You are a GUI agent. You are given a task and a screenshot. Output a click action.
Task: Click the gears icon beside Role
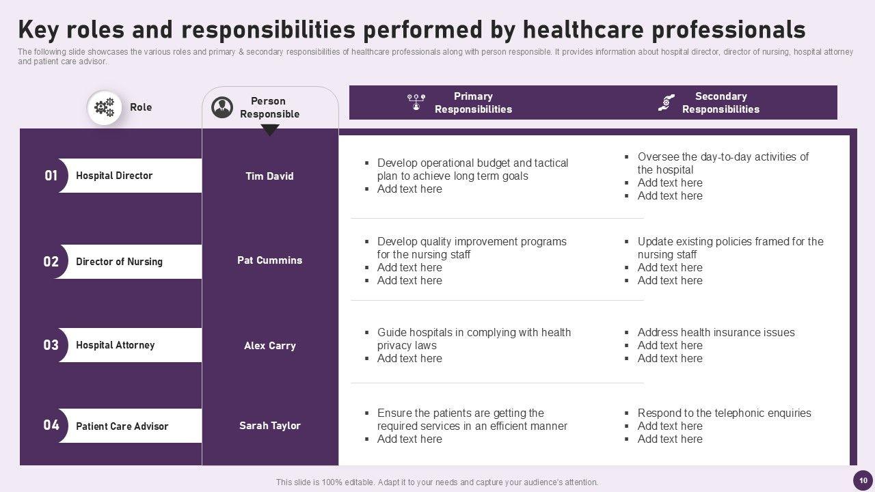tap(105, 107)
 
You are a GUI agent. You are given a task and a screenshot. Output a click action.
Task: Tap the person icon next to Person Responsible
tap(222, 107)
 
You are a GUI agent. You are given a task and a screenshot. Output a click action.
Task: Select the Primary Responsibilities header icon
tap(416, 102)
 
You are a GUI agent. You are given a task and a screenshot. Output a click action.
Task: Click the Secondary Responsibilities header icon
tap(667, 102)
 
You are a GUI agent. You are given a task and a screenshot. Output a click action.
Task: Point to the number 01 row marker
tap(51, 176)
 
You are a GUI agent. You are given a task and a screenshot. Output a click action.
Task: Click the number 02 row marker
tap(51, 262)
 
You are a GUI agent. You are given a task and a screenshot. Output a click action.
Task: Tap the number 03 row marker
tap(51, 345)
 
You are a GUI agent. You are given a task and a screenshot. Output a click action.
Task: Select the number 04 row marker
tap(51, 426)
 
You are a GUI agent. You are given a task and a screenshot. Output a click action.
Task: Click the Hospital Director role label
tap(114, 176)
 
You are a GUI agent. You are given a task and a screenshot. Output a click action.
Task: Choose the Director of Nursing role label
tap(119, 262)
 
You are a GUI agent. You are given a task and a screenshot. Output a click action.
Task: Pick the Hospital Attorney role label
tap(115, 345)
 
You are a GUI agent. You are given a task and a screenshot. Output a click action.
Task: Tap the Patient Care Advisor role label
tap(122, 426)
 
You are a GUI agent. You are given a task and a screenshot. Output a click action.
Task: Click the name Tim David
tap(269, 176)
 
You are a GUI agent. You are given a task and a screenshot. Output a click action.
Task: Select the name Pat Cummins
tap(269, 260)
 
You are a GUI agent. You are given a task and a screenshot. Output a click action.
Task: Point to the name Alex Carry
tap(269, 346)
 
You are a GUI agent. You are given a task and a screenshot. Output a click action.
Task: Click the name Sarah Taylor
tap(269, 426)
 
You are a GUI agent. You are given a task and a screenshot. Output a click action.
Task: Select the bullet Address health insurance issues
tap(716, 333)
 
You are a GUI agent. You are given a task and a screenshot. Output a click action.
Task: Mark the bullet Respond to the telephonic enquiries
tap(724, 413)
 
